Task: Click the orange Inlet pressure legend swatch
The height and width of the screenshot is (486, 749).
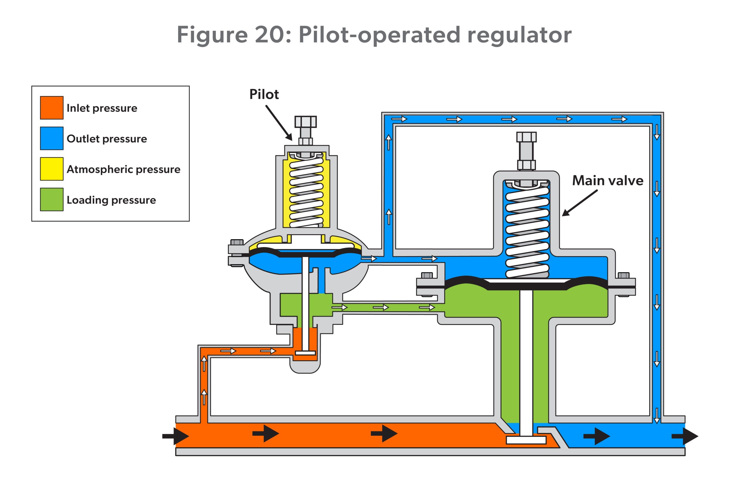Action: [51, 108]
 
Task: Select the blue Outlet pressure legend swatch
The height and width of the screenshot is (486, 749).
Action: [51, 138]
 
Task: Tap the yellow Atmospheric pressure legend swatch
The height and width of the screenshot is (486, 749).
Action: [51, 169]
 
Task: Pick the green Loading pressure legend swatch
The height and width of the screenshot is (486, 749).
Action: [51, 199]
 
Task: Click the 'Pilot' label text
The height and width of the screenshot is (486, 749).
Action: [264, 94]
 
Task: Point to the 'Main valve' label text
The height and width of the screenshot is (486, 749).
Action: [608, 180]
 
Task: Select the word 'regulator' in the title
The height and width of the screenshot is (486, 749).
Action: [519, 35]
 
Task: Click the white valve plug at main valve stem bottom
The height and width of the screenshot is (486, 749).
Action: [526, 440]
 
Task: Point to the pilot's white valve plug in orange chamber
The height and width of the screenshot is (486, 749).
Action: [305, 353]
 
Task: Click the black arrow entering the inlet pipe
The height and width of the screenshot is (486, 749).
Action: [176, 436]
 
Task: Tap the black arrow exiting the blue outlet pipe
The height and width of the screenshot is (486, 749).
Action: [685, 436]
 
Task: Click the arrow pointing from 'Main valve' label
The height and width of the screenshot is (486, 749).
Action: [580, 203]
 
